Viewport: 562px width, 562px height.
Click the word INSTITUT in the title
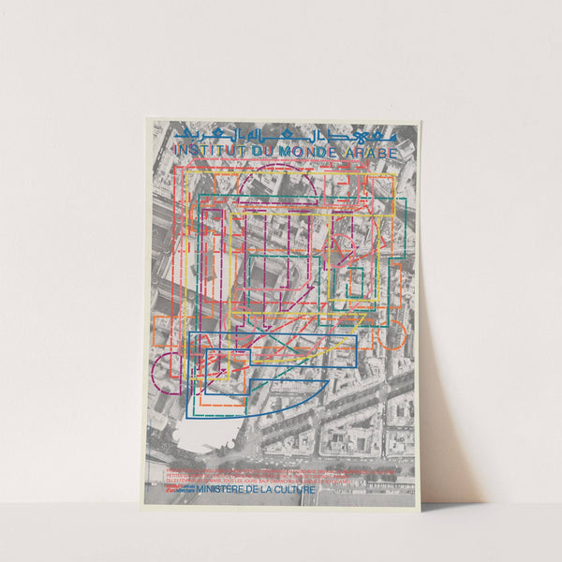(x=206, y=150)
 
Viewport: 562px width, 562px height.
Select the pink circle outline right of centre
(x=348, y=249)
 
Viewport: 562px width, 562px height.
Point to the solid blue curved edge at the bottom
(x=281, y=407)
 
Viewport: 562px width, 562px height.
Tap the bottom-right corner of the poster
(x=419, y=505)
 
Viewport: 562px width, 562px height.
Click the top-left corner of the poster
(x=146, y=119)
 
